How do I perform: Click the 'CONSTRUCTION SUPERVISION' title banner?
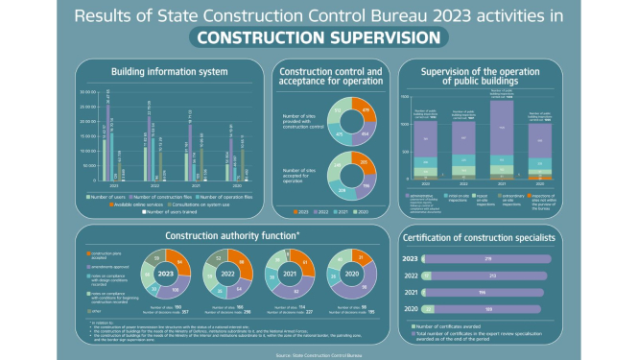coord(318,37)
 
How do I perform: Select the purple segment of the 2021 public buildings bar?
coord(501,134)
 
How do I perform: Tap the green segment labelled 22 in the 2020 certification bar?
coord(428,310)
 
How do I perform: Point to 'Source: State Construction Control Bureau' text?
coord(318,354)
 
